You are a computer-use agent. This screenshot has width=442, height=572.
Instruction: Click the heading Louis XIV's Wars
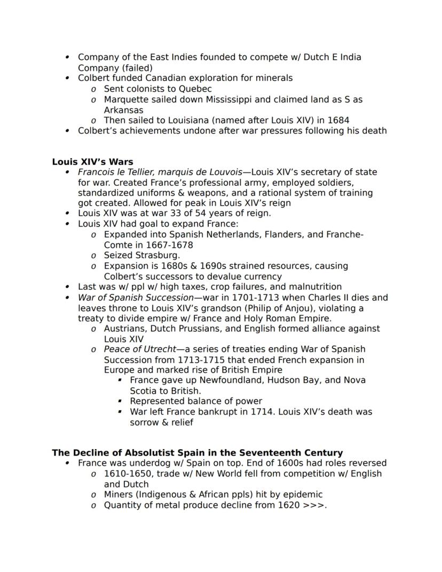(92, 162)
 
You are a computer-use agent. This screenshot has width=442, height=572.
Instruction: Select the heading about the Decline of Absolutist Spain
(197, 453)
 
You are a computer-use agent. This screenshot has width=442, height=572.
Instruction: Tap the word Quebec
(195, 89)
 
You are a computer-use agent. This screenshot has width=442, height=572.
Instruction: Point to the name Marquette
(127, 99)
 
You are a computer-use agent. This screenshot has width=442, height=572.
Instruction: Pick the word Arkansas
(123, 110)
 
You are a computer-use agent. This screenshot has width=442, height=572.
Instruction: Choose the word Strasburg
(158, 255)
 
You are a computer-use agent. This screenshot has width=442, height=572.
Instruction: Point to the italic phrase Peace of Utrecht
(140, 349)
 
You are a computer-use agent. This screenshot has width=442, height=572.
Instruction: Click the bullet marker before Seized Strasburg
(94, 256)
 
